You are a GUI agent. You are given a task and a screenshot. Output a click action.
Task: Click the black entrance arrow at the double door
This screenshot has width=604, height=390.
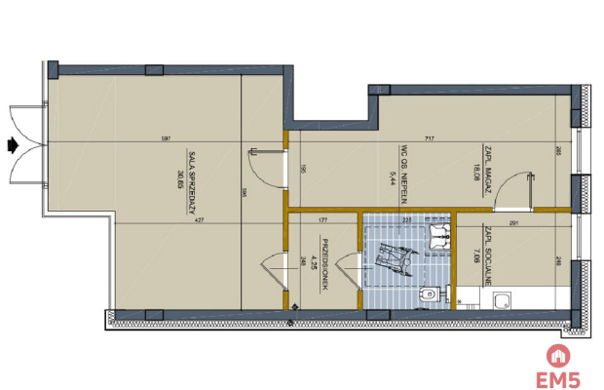pos(12,144)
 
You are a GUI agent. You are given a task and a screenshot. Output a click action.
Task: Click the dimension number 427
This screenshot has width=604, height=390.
pos(200,220)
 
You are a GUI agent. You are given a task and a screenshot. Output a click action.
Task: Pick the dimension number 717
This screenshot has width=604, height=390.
pos(429,139)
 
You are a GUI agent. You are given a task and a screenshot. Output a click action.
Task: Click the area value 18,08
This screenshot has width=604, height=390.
pos(474,173)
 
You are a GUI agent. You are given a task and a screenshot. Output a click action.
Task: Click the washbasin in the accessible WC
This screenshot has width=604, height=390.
pos(444,232)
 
